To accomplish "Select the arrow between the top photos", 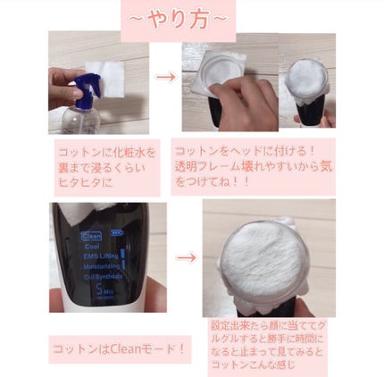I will (165, 77).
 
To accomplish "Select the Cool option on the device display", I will (92, 247).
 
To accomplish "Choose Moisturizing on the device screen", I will (102, 266).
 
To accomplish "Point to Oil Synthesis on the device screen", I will (103, 276).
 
